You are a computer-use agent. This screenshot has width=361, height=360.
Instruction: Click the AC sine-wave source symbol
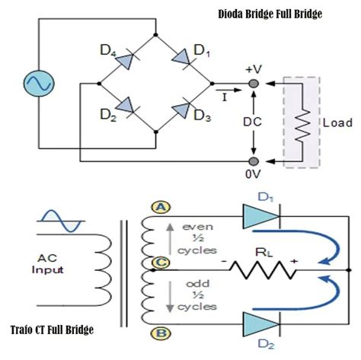pyautogui.click(x=39, y=84)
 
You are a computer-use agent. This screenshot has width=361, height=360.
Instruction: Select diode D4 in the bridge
pyautogui.click(x=126, y=60)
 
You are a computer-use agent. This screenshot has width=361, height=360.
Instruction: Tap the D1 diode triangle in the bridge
pyautogui.click(x=182, y=58)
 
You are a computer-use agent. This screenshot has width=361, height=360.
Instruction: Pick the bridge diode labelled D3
pyautogui.click(x=182, y=109)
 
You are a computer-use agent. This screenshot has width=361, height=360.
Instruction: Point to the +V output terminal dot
pyautogui.click(x=254, y=84)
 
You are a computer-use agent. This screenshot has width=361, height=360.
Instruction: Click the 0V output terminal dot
pyautogui.click(x=254, y=161)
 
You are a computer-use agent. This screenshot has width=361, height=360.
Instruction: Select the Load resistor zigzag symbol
pyautogui.click(x=302, y=126)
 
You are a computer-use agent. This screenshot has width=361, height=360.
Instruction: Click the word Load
pyautogui.click(x=337, y=123)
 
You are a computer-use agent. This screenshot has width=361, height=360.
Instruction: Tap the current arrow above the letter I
pyautogui.click(x=228, y=90)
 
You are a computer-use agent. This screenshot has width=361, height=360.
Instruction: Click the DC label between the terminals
pyautogui.click(x=252, y=122)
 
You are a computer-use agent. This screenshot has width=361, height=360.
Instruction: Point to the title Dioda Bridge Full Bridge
pyautogui.click(x=270, y=14)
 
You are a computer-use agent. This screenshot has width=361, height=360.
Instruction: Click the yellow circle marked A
pyautogui.click(x=161, y=208)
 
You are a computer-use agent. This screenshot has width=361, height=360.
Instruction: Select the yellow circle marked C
pyautogui.click(x=161, y=263)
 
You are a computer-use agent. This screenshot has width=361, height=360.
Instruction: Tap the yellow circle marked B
pyautogui.click(x=161, y=333)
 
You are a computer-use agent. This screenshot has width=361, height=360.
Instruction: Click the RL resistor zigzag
pyautogui.click(x=264, y=270)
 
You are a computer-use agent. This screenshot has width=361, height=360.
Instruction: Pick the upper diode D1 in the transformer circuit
pyautogui.click(x=261, y=216)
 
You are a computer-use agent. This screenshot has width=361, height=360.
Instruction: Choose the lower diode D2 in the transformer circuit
pyautogui.click(x=261, y=324)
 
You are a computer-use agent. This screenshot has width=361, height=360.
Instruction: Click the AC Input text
pyautogui.click(x=47, y=264)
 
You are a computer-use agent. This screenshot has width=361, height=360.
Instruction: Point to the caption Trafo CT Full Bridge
pyautogui.click(x=52, y=330)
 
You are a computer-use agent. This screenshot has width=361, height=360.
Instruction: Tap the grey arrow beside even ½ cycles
pyautogui.click(x=170, y=238)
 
